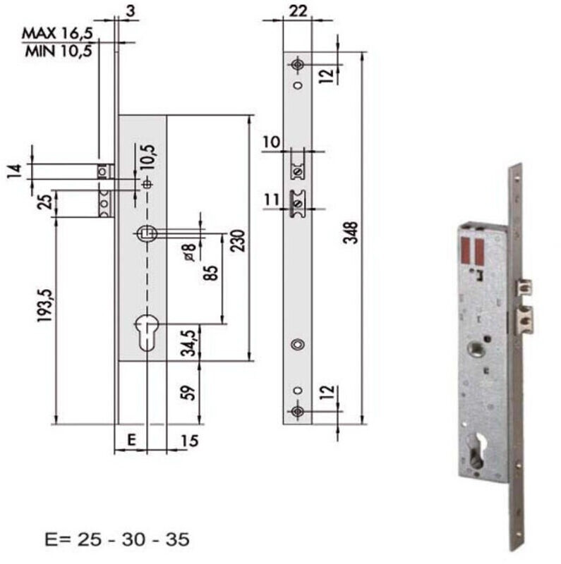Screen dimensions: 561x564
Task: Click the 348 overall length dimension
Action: tap(350, 233)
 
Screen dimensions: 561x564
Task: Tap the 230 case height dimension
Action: tap(238, 240)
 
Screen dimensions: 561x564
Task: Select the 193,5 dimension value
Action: tap(46, 305)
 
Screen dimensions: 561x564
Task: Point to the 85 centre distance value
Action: tap(211, 273)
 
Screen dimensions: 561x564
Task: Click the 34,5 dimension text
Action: tap(189, 343)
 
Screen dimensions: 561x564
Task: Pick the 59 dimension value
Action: tap(188, 393)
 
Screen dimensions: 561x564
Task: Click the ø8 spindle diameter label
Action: tap(190, 252)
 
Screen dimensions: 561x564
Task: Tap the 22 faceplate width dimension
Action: tap(298, 11)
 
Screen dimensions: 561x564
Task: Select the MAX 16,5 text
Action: tap(58, 33)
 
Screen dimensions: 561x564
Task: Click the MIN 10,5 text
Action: tap(59, 51)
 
